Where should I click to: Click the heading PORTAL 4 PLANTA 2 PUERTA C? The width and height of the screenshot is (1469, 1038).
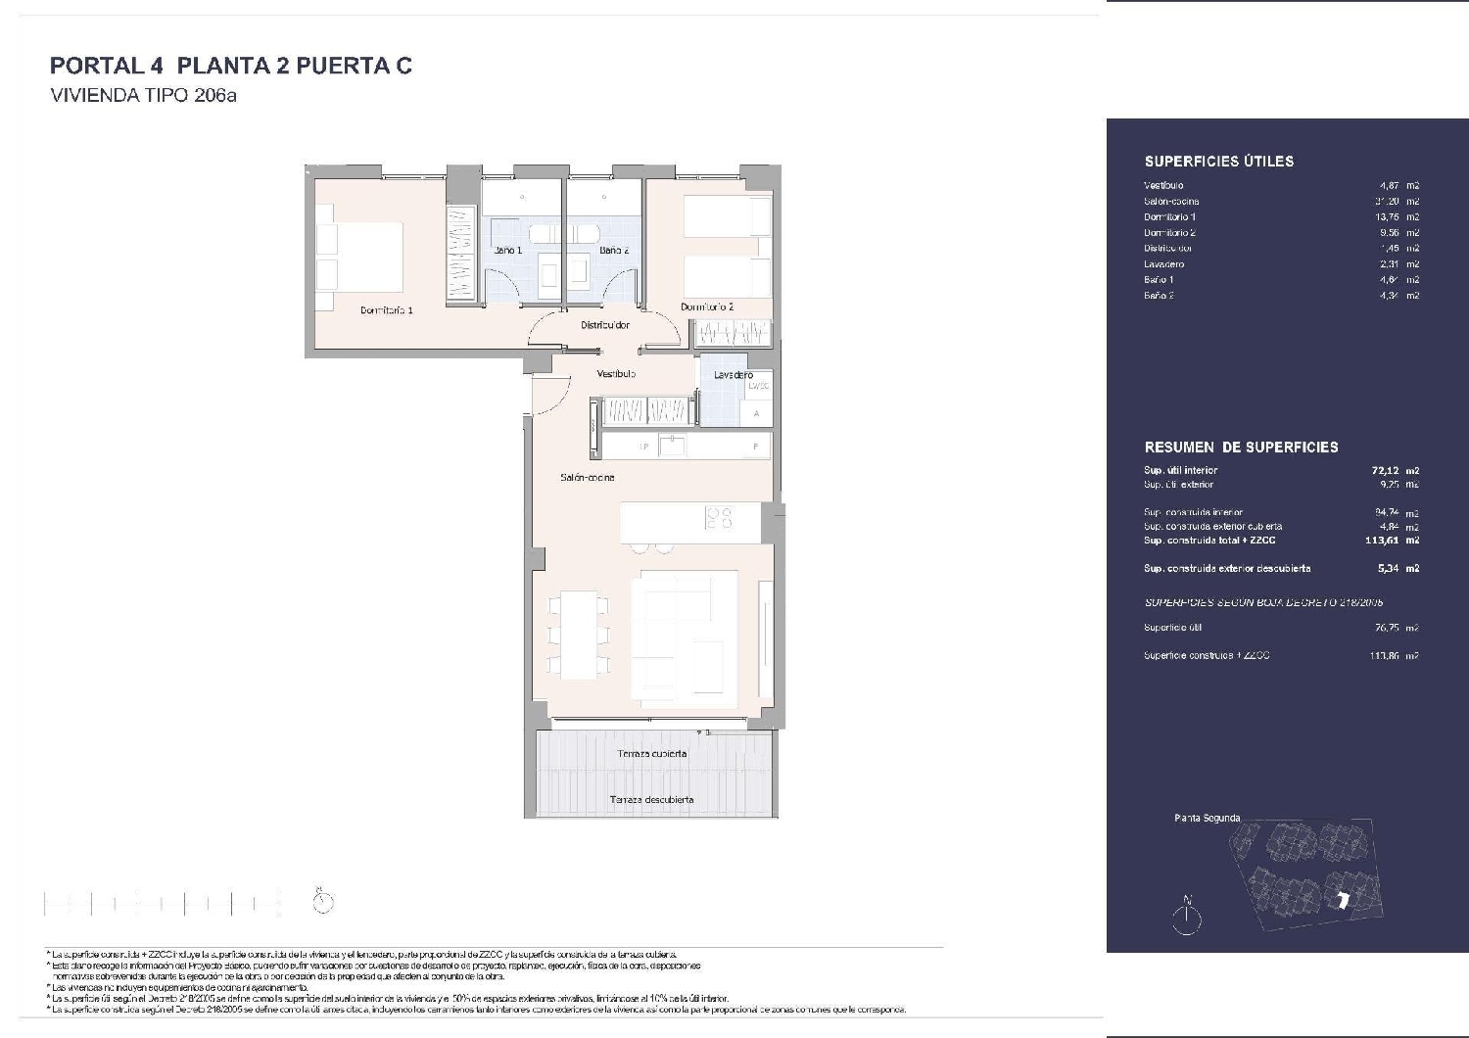[230, 66]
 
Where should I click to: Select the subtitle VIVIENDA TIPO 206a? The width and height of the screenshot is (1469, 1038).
[143, 96]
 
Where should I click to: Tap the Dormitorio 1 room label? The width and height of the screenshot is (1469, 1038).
[386, 310]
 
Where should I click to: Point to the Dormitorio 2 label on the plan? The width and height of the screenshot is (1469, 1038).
[707, 307]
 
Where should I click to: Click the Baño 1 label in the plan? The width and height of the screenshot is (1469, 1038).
[508, 251]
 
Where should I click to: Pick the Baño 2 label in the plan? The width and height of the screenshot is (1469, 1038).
[614, 251]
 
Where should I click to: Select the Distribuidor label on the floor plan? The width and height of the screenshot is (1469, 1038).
[604, 325]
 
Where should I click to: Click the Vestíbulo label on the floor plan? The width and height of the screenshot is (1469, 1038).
[617, 374]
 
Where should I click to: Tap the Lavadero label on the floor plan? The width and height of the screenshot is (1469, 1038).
[734, 375]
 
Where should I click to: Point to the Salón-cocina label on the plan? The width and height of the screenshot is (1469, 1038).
[588, 478]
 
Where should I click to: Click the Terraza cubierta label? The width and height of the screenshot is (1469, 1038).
[651, 754]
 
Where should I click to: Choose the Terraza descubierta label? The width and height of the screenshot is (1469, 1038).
[651, 800]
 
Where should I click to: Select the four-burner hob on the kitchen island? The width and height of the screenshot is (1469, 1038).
[720, 517]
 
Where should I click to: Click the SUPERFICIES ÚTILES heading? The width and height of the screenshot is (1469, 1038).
[1218, 162]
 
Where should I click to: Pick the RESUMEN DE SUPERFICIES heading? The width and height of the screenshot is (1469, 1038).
[1241, 448]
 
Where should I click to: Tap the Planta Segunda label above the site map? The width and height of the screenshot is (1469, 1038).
[1207, 818]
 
